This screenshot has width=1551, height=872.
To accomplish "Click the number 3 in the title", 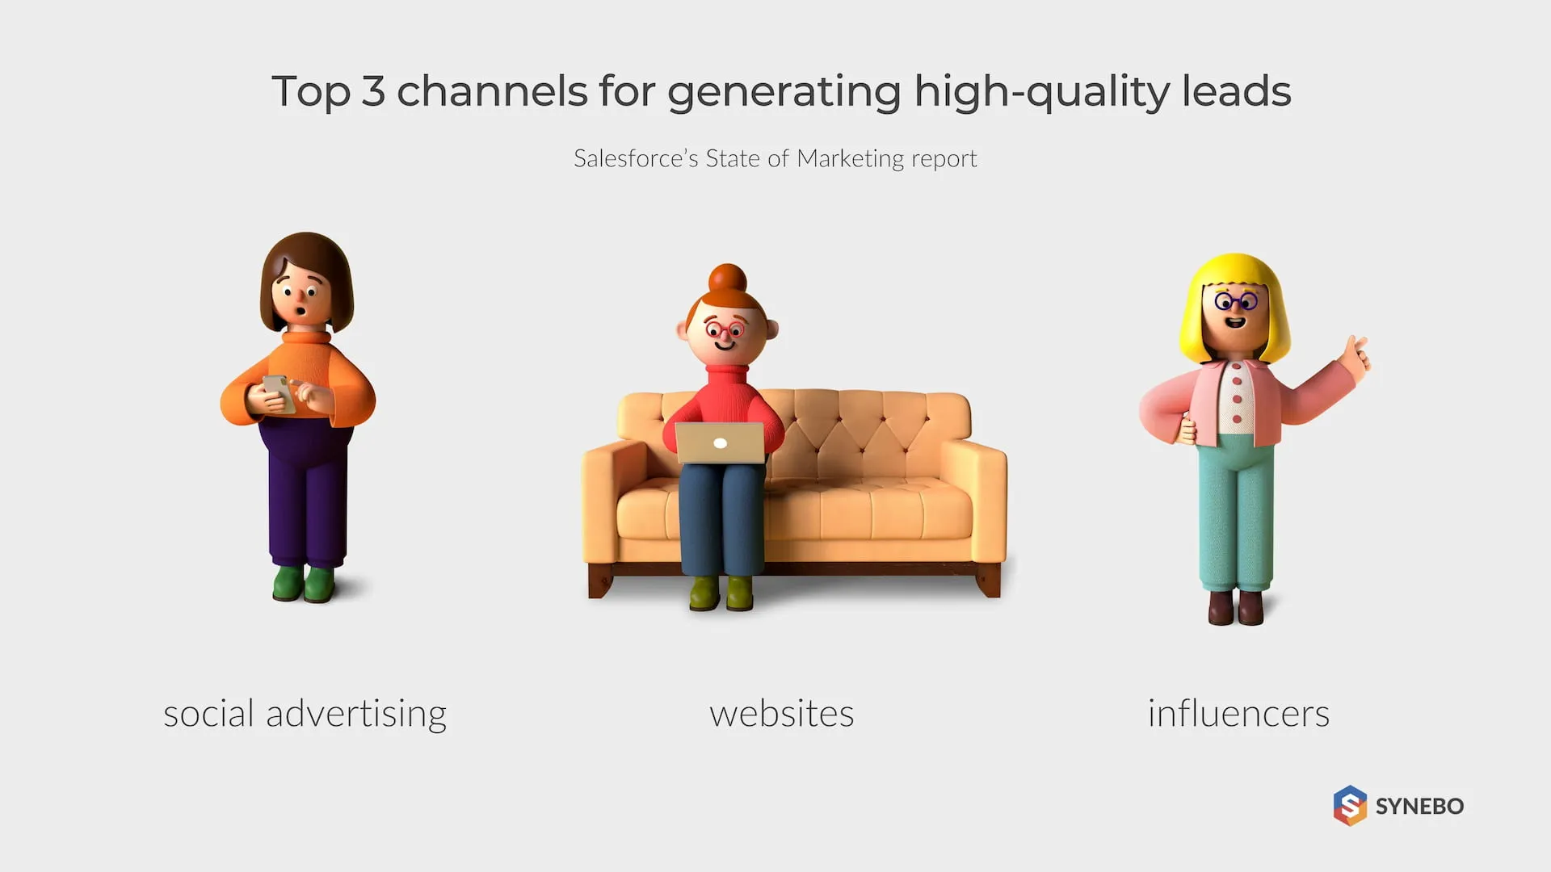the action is click(372, 90).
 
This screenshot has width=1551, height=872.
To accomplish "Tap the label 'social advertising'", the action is click(305, 715).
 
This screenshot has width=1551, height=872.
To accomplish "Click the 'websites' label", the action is click(781, 714).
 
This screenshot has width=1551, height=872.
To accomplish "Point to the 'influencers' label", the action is click(1238, 714).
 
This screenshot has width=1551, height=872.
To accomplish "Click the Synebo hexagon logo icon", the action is click(1350, 805).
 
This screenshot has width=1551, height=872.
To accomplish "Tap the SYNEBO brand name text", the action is click(1419, 806).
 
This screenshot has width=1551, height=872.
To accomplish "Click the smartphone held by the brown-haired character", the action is click(278, 393).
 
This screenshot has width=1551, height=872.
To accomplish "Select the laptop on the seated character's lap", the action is click(720, 442).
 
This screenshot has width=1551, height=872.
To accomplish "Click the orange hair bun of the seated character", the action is click(727, 279).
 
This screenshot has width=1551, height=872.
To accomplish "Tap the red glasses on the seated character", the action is click(725, 330).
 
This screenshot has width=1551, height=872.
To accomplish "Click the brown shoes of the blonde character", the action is click(1235, 608).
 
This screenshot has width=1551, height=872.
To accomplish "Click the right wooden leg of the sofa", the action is click(989, 579).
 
